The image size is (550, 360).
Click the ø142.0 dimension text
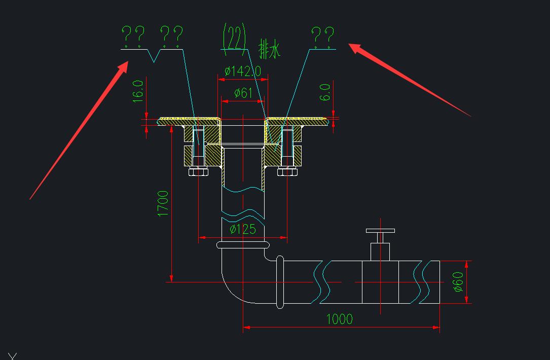[243, 71]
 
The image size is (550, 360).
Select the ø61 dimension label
[243, 93]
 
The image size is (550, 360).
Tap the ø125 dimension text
[243, 230]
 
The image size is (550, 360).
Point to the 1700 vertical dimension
[163, 203]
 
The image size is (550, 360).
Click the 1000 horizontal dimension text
[339, 319]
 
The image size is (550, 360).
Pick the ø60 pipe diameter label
[458, 282]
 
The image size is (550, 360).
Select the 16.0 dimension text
[138, 91]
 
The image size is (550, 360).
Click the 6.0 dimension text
[325, 92]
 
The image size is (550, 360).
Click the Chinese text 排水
[269, 50]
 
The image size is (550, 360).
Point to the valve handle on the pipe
[380, 231]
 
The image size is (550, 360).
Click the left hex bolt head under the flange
[198, 172]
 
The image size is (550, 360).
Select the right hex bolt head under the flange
[287, 172]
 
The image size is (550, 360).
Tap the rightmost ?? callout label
[322, 37]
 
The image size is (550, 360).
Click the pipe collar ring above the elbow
[242, 245]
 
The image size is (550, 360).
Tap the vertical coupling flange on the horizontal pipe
[279, 282]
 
